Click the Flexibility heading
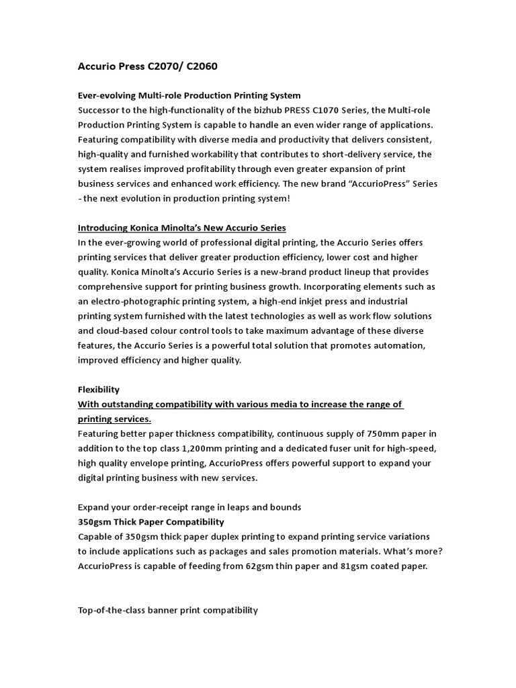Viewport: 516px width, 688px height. pyautogui.click(x=99, y=389)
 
